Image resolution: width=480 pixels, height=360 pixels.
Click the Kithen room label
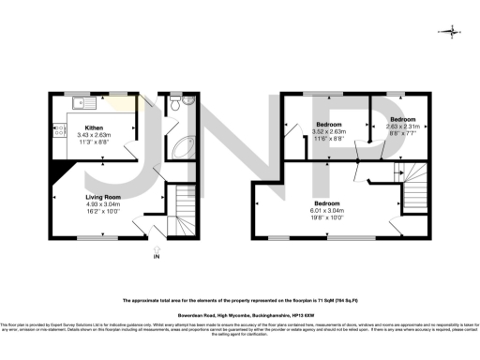pyautogui.click(x=94, y=127)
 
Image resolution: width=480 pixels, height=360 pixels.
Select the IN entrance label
pyautogui.click(x=157, y=256)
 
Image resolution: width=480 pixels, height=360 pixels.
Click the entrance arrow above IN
pyautogui.click(x=157, y=247)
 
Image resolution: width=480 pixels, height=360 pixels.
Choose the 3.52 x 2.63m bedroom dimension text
pyautogui.click(x=329, y=132)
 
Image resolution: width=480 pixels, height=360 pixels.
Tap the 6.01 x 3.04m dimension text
pyautogui.click(x=327, y=212)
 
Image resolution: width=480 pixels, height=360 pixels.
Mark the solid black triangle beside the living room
pyautogui.click(x=63, y=169)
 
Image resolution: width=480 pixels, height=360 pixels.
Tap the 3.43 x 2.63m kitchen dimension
pyautogui.click(x=94, y=134)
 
